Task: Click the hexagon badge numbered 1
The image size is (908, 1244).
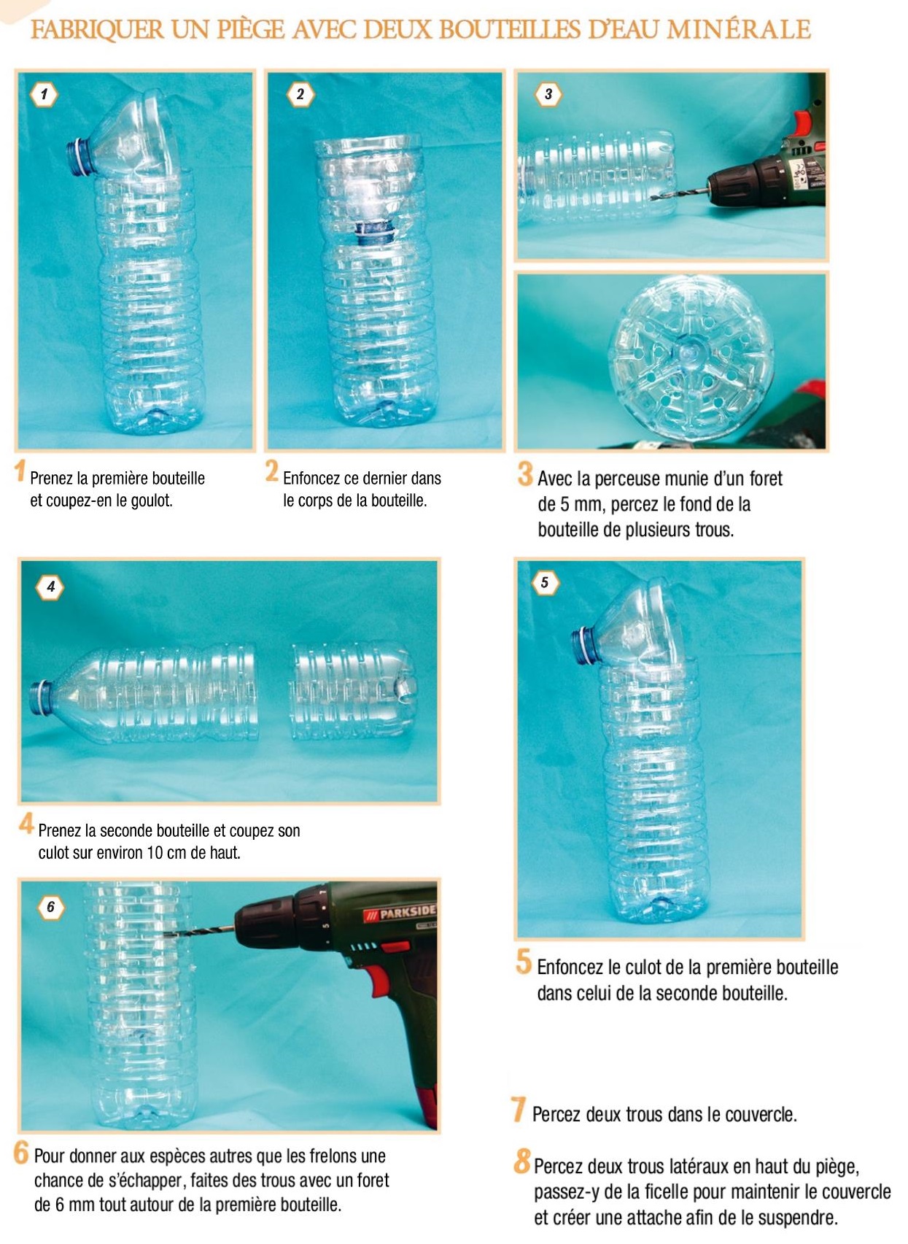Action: pyautogui.click(x=44, y=94)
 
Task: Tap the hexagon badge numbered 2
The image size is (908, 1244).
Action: pyautogui.click(x=300, y=94)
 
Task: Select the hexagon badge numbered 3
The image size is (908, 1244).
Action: pyautogui.click(x=548, y=94)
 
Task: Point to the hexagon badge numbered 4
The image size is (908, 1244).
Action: pyautogui.click(x=50, y=587)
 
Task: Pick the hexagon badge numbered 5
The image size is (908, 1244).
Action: pyautogui.click(x=545, y=582)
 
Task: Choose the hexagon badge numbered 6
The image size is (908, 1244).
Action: pyautogui.click(x=51, y=908)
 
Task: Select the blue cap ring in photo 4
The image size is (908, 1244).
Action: pyautogui.click(x=41, y=698)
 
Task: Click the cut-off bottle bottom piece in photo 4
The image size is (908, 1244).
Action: pyautogui.click(x=353, y=691)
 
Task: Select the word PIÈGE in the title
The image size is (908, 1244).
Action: pyautogui.click(x=252, y=30)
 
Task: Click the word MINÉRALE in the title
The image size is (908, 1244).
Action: pyautogui.click(x=738, y=29)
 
